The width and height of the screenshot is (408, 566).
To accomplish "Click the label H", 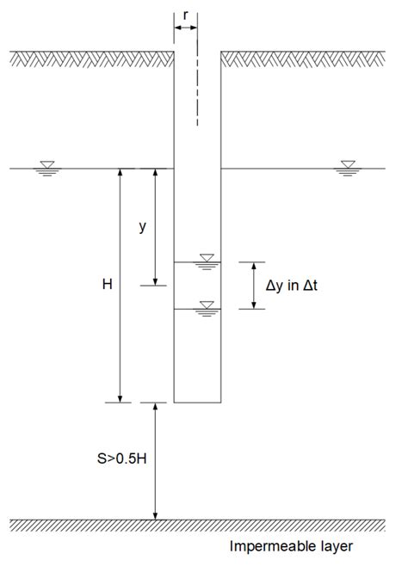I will click(x=107, y=283).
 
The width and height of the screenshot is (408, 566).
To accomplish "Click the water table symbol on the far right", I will click(x=348, y=165).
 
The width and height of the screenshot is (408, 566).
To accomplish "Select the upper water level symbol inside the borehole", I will click(x=206, y=259).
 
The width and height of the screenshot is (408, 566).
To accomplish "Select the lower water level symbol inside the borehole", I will click(x=206, y=306).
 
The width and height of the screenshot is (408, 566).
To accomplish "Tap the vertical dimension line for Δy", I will click(x=252, y=285).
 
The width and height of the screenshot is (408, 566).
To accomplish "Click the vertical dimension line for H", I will click(x=121, y=285).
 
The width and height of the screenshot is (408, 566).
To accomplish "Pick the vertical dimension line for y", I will click(x=155, y=226).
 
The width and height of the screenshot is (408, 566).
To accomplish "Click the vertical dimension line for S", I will click(x=155, y=461).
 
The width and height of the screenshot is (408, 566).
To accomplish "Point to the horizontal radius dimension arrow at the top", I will click(x=186, y=28).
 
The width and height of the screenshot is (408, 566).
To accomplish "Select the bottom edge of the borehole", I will click(x=198, y=403).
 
